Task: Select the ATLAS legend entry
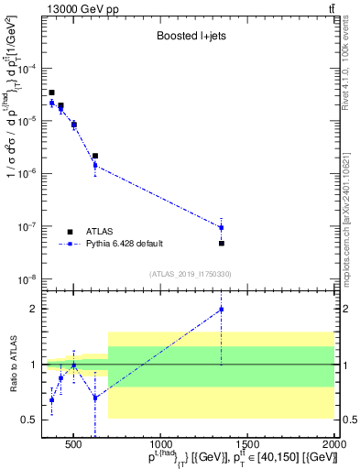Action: point(89,232)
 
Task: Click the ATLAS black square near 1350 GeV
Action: point(221,243)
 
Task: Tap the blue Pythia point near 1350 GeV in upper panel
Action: point(221,227)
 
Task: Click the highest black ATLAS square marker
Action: point(52,93)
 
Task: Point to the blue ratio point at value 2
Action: point(221,310)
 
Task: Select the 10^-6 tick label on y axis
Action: point(28,173)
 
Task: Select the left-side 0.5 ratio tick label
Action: point(28,420)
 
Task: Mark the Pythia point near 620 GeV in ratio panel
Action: point(95,398)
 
